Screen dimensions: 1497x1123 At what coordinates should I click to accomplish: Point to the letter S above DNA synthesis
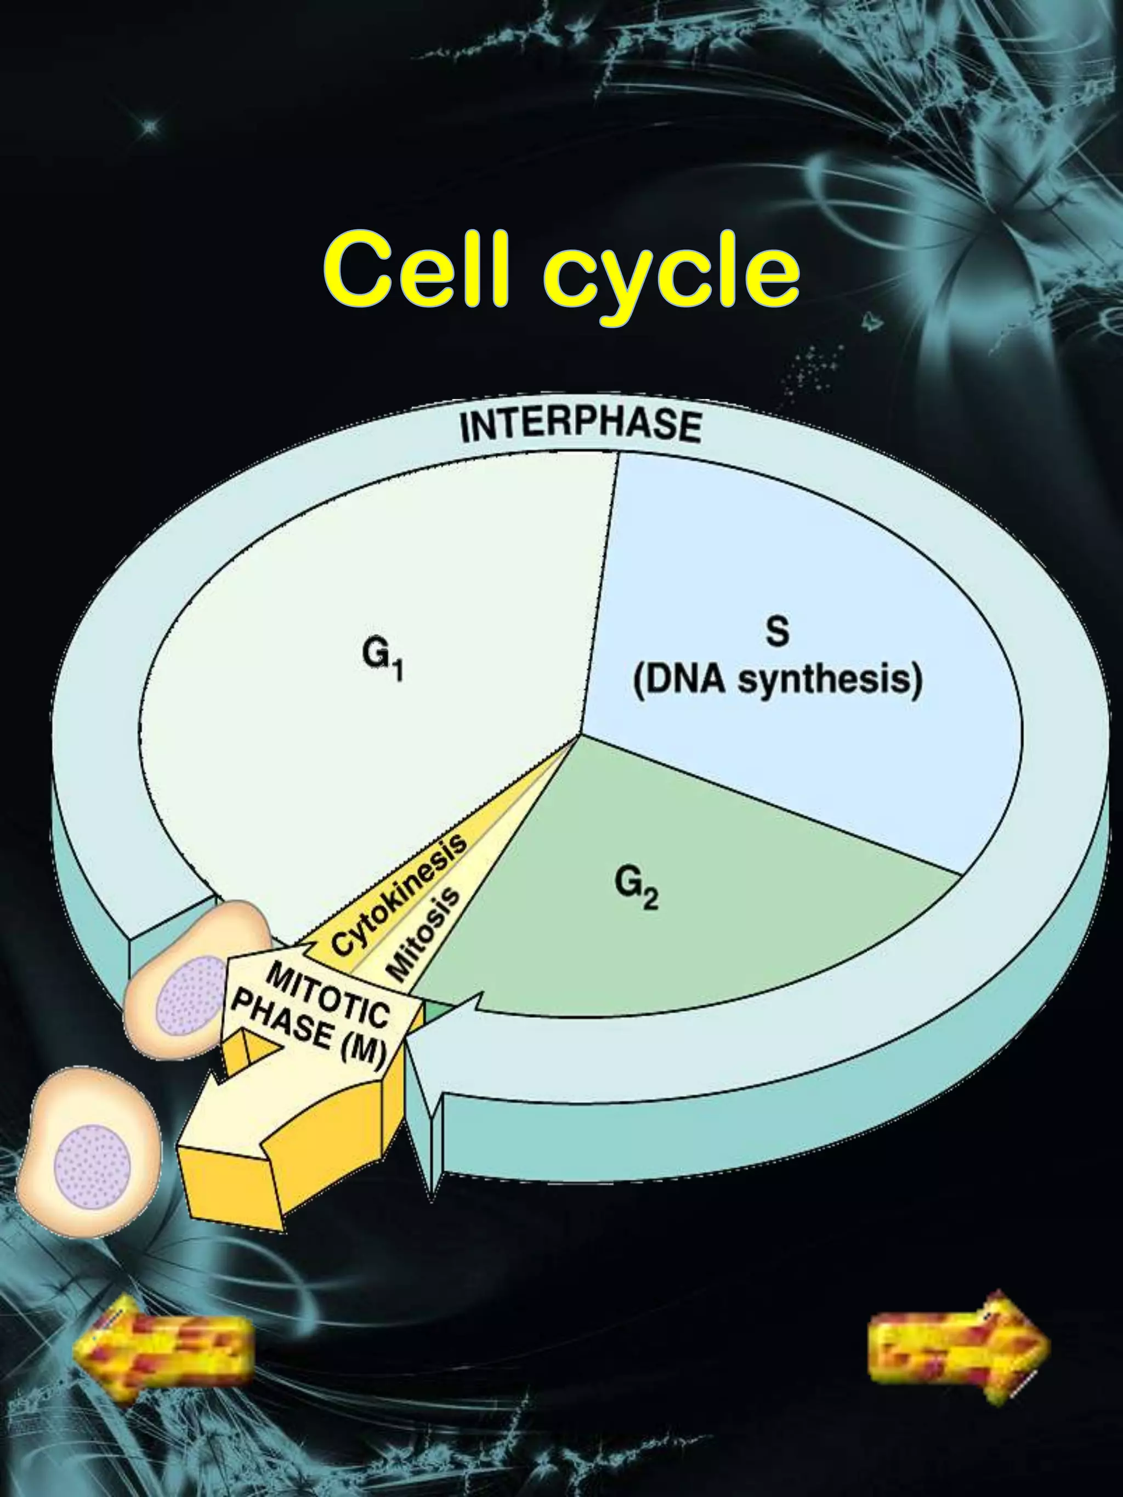pyautogui.click(x=777, y=631)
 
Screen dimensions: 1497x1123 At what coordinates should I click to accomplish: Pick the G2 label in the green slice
pyautogui.click(x=636, y=889)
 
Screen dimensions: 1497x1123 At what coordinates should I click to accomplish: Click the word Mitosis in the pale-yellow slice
pyautogui.click(x=424, y=934)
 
